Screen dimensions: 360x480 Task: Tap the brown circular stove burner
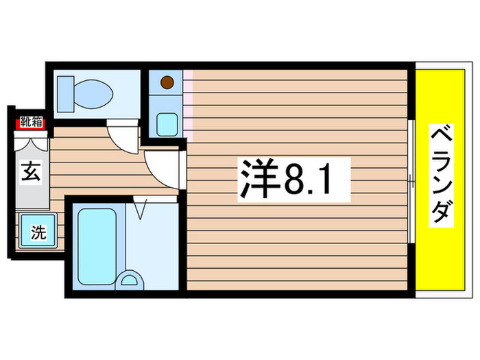[x=166, y=84]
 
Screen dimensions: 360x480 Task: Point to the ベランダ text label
[x=442, y=176]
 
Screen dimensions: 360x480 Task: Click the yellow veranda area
[x=439, y=261]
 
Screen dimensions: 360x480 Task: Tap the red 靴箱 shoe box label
[x=29, y=123]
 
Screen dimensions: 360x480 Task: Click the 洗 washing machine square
[x=38, y=232]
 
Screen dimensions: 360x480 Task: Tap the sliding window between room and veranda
[x=411, y=182]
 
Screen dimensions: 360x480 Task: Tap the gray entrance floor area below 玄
[x=30, y=195]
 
